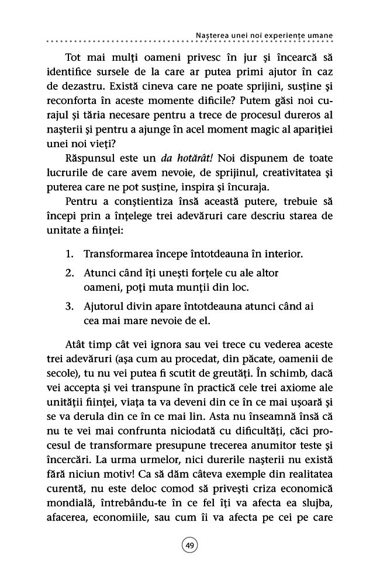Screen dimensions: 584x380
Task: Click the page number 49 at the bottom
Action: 190,545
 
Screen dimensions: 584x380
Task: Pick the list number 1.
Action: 68,255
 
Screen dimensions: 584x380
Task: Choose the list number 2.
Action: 68,273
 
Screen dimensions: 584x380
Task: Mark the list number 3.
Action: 68,306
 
